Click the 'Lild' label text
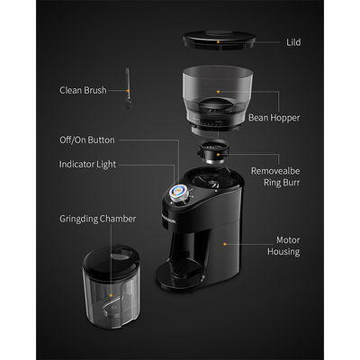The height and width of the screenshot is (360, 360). coord(293,42)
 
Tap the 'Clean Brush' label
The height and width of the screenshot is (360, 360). coord(83,90)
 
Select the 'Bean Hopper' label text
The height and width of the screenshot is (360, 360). coord(274,118)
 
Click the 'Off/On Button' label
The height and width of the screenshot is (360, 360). coord(87,140)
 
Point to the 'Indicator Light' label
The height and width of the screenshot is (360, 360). coord(87,165)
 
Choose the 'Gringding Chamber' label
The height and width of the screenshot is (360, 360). coord(97,219)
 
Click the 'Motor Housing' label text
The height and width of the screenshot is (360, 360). coord(283,246)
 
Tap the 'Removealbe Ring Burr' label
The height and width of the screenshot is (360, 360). coord(275,176)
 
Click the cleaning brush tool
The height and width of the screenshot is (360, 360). coord(128,88)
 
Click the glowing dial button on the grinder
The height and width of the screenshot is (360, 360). coord(178,193)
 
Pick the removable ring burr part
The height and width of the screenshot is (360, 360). coord(213,152)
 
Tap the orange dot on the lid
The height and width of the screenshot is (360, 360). coord(218,42)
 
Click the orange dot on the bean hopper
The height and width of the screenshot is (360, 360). coord(218,91)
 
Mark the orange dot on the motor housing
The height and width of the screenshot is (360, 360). coord(225,244)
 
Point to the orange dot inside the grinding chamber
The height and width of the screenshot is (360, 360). coord(111,295)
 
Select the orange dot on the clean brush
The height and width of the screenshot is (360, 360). coord(128,90)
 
